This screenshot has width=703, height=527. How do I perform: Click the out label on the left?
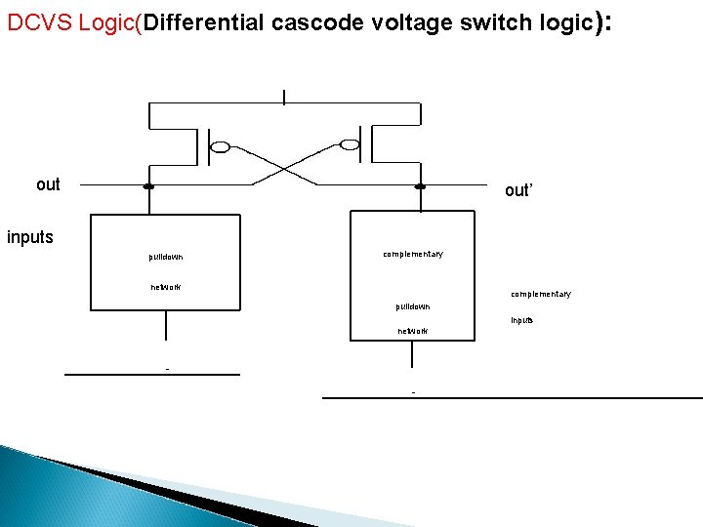[x=48, y=184]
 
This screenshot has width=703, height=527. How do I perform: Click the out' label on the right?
[x=518, y=190]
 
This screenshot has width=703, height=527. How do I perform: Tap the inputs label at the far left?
[x=30, y=237]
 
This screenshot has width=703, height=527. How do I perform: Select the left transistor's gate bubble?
[x=221, y=147]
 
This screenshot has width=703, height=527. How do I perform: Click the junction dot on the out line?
[x=148, y=185]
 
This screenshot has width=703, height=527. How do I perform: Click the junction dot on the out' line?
[x=420, y=185]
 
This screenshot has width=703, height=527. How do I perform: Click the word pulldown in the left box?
[x=166, y=258]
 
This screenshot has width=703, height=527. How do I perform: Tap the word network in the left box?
[x=166, y=287]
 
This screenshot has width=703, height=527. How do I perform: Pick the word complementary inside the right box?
[x=413, y=254]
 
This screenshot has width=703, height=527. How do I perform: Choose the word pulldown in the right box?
[x=413, y=306]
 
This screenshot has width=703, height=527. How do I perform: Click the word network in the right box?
[x=413, y=331]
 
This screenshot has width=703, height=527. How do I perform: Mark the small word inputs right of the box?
[x=522, y=320]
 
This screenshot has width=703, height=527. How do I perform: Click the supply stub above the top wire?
[x=284, y=96]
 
